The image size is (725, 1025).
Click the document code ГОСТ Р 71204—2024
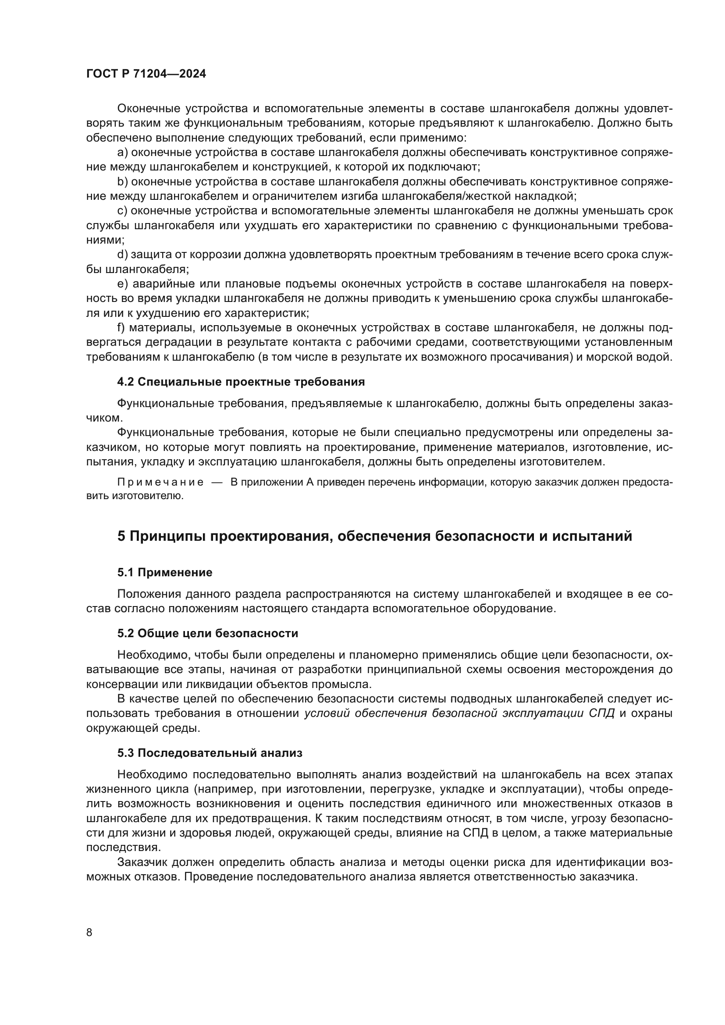click(x=146, y=74)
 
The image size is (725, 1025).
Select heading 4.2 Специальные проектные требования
click(x=241, y=382)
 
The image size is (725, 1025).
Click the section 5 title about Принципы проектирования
click(x=374, y=536)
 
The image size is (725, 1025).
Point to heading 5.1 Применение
click(x=165, y=572)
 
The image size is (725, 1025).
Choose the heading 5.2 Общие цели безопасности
click(x=208, y=634)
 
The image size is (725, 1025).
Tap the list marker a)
click(x=122, y=153)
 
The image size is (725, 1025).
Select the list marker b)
click(x=122, y=182)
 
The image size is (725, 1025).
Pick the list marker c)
click(x=122, y=211)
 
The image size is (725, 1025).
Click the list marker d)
click(x=122, y=255)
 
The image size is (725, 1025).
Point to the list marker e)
click(x=122, y=284)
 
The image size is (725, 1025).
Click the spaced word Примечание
click(x=160, y=482)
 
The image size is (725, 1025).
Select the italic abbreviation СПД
click(x=601, y=713)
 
